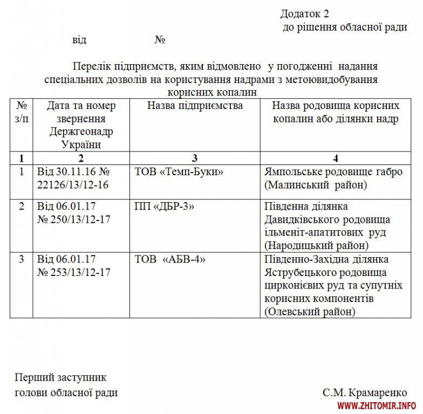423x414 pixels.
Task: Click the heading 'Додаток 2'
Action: (304, 13)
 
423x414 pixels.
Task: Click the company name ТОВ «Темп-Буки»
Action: (179, 172)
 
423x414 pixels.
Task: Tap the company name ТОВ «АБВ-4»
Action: (170, 259)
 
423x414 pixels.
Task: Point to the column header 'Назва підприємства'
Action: (195, 106)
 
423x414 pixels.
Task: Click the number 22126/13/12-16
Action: (73, 185)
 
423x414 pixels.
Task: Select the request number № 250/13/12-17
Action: (74, 219)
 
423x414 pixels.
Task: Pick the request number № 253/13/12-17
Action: (74, 272)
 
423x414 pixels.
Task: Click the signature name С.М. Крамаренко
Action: (365, 393)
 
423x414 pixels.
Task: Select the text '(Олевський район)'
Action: (310, 311)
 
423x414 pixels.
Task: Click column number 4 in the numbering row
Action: (336, 158)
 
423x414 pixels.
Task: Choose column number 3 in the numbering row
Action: (195, 158)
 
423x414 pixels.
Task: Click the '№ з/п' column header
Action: (22, 112)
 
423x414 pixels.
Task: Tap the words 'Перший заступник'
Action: (60, 378)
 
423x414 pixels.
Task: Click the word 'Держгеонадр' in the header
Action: (81, 132)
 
